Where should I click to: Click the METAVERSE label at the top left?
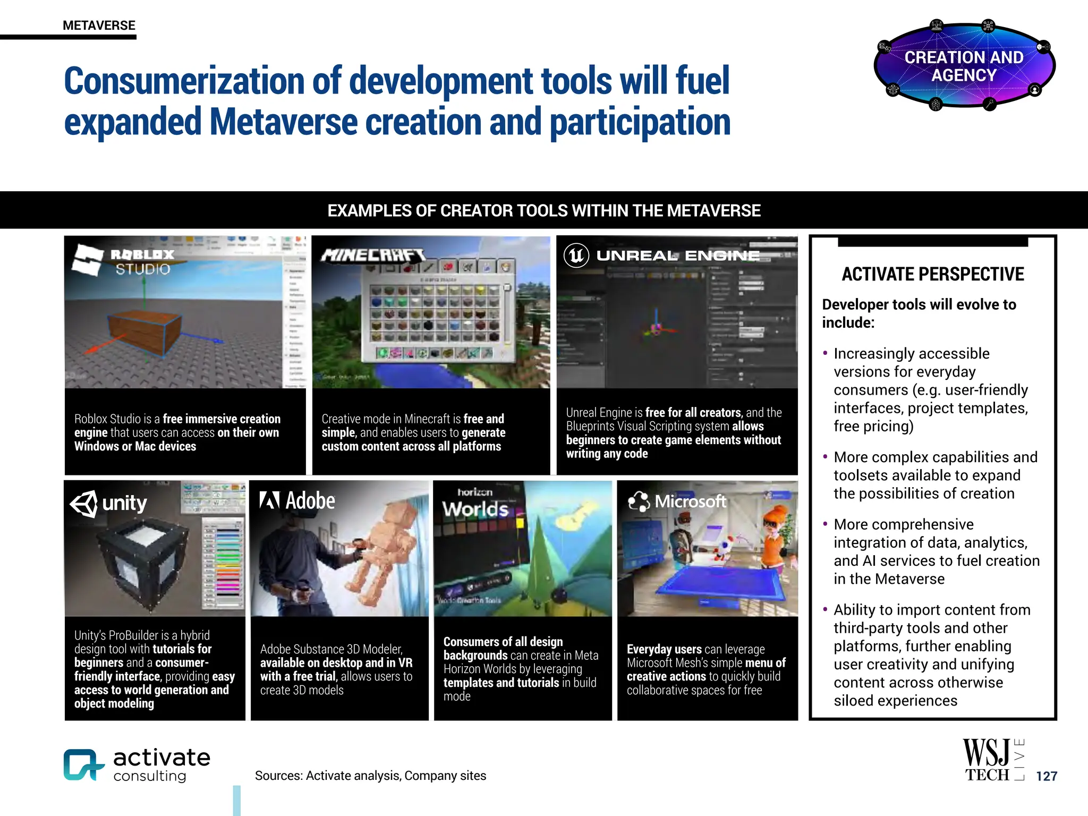pyautogui.click(x=99, y=25)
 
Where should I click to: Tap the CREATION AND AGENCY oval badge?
pyautogui.click(x=964, y=66)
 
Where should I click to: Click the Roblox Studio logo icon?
pyautogui.click(x=87, y=260)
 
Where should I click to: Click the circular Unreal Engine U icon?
pyautogui.click(x=576, y=256)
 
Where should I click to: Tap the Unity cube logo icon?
pyautogui.click(x=84, y=503)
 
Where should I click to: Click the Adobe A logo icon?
pyautogui.click(x=269, y=500)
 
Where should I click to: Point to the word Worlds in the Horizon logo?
pyautogui.click(x=475, y=509)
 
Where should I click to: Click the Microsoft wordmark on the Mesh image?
pyautogui.click(x=690, y=501)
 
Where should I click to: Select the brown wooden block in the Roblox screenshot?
pyautogui.click(x=145, y=332)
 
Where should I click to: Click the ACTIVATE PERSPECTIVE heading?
pyautogui.click(x=933, y=274)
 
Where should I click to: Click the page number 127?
pyautogui.click(x=1046, y=776)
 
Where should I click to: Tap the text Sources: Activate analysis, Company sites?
pyautogui.click(x=370, y=776)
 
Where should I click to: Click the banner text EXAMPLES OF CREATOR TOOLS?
pyautogui.click(x=543, y=210)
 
